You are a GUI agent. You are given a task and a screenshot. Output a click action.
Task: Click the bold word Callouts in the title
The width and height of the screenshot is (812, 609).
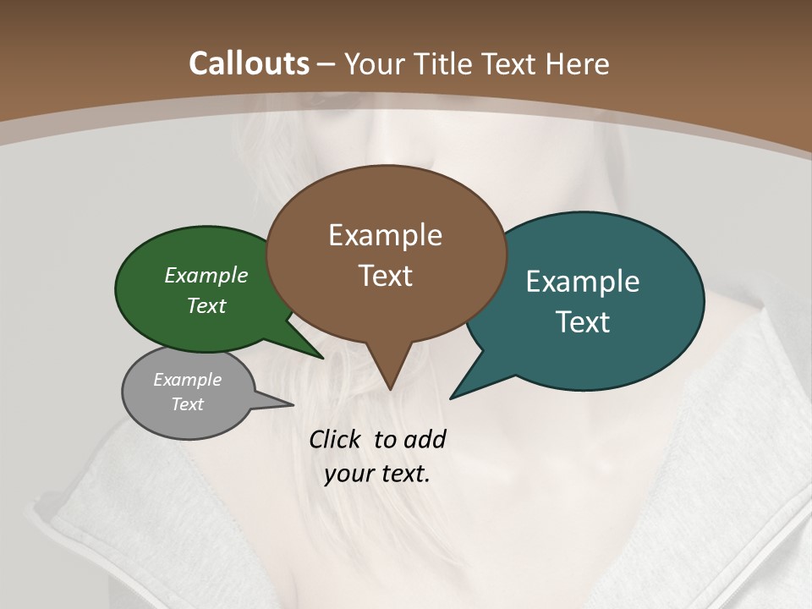tap(249, 63)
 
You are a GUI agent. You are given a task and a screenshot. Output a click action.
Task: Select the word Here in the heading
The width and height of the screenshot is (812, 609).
tap(578, 63)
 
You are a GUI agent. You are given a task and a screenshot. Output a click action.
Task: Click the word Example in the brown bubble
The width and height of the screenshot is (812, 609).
tap(385, 235)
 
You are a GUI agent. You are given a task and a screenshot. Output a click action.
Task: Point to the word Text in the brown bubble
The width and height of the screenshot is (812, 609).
tap(385, 276)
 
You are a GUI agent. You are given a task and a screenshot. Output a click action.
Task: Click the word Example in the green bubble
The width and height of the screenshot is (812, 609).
tap(206, 275)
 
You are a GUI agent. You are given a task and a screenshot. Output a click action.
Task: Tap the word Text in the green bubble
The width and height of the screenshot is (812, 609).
tap(206, 305)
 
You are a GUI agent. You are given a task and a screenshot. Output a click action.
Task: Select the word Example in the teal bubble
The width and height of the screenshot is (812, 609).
tap(583, 282)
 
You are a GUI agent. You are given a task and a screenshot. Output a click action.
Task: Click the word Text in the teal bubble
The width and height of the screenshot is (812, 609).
tap(583, 322)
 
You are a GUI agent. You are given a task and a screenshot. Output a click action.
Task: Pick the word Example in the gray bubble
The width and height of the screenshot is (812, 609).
tap(188, 380)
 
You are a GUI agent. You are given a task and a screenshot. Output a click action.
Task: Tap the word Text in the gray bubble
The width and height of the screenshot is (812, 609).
tap(188, 404)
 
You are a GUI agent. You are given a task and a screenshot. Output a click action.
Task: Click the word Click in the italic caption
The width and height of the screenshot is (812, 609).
tap(337, 439)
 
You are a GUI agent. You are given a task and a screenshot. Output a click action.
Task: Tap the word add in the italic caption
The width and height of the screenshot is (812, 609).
tap(424, 439)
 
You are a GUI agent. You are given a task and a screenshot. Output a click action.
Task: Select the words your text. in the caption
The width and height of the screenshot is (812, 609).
tap(377, 474)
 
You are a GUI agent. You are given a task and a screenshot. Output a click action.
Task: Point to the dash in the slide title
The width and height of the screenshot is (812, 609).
tap(326, 64)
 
